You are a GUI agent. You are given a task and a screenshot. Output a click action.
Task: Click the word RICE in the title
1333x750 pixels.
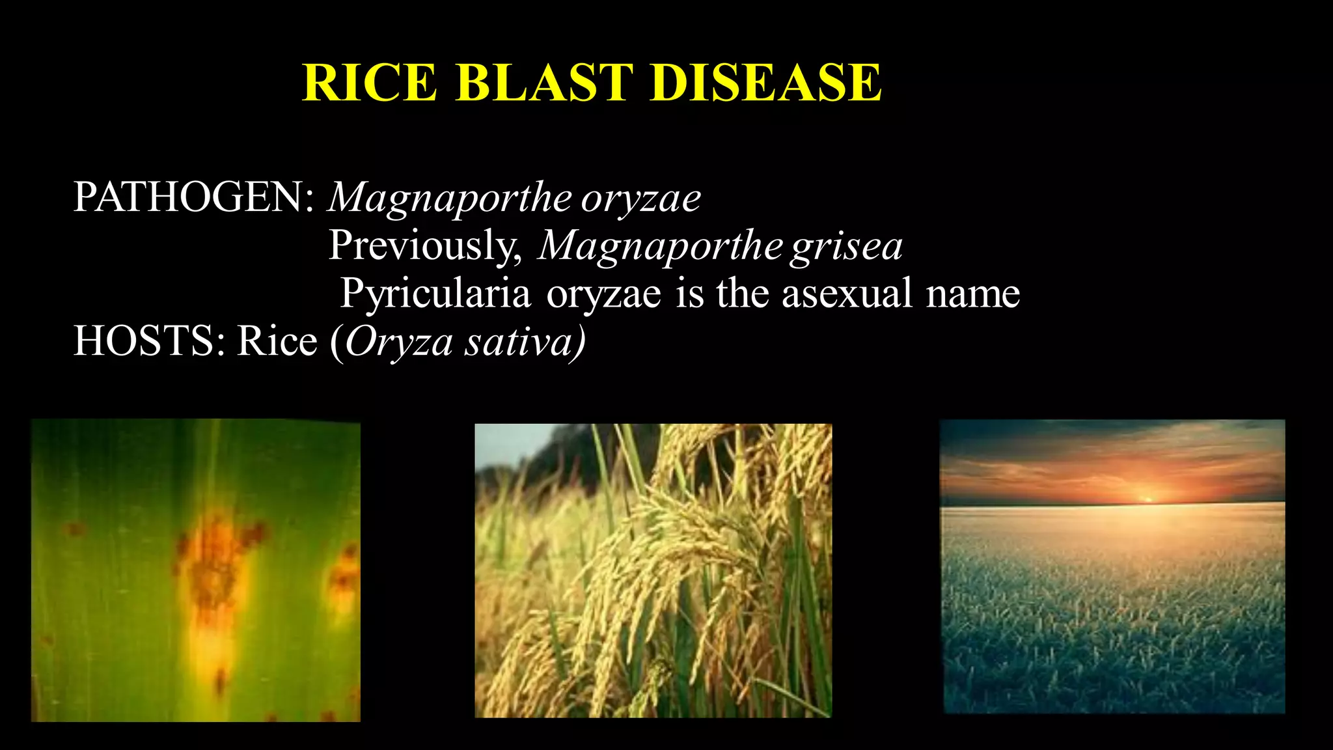370,83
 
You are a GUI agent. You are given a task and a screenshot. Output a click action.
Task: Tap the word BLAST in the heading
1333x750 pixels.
544,83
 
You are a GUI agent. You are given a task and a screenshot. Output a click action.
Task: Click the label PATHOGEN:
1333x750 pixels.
194,197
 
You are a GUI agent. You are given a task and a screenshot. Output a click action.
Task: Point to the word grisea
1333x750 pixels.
846,246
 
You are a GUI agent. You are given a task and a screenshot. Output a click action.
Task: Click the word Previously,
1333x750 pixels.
425,245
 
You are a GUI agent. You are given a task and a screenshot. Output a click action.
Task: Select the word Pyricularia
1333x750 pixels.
435,293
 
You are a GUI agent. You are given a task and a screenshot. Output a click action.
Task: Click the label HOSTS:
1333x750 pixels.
150,340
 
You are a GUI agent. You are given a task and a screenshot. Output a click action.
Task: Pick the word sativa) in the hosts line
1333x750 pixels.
525,342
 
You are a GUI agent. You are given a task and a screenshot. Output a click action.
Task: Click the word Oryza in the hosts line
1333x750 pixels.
398,342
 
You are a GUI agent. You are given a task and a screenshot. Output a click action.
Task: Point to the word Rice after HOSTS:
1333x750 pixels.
277,340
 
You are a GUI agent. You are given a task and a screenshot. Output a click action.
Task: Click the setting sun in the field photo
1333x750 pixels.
1148,499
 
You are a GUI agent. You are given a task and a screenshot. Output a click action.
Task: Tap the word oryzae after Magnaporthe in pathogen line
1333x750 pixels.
640,198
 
